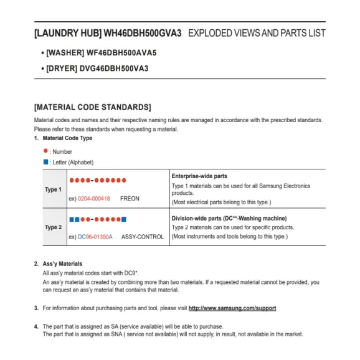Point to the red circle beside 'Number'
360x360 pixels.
(45, 151)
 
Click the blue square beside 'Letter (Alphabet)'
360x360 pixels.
(45, 162)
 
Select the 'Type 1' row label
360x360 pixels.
(53, 189)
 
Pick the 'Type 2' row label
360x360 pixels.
(53, 227)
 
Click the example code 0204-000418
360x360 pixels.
(93, 199)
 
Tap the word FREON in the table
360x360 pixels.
(130, 199)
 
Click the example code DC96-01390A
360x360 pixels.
(95, 237)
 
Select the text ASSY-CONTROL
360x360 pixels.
(143, 237)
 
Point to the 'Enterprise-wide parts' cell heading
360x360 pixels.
(199, 176)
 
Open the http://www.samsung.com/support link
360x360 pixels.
(232, 308)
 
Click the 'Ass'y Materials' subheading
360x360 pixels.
(62, 264)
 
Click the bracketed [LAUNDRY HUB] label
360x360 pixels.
(67, 32)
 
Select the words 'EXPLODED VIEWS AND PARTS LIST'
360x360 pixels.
(256, 32)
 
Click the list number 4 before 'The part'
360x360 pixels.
(36, 326)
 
